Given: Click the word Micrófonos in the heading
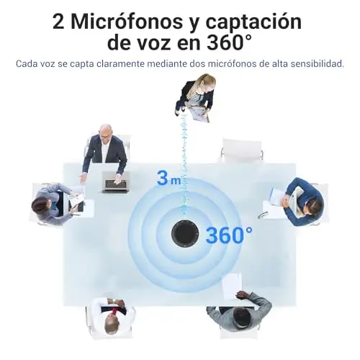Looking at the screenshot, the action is [126, 22].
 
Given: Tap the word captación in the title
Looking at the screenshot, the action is [253, 23].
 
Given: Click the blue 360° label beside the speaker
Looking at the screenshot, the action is [229, 235].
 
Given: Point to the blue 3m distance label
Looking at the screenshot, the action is [168, 178].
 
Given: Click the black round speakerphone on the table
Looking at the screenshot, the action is [185, 233].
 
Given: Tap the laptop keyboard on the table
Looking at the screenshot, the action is [116, 182].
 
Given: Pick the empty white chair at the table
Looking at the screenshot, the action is [242, 150].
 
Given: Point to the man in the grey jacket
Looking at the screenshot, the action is [239, 310].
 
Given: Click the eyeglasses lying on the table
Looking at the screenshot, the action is [262, 215].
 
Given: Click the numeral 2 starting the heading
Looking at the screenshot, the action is [58, 22].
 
